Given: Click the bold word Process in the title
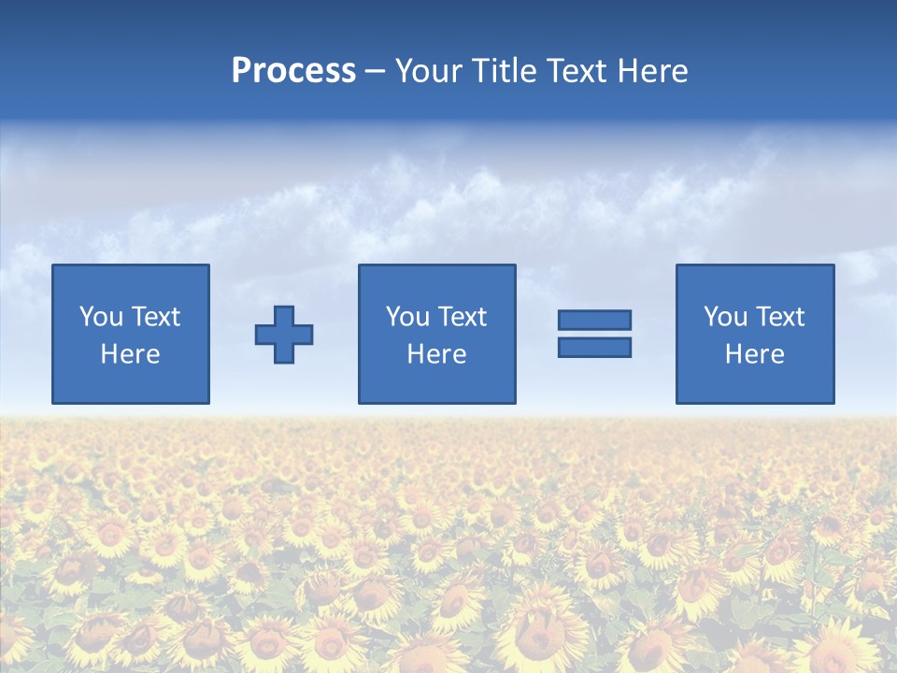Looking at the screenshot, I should tap(293, 71).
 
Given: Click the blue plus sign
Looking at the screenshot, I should tap(284, 335).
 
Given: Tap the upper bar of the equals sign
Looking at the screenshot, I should tap(594, 321).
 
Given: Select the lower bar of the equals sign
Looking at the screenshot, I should tap(594, 347).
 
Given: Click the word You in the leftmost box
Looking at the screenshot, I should tap(100, 317).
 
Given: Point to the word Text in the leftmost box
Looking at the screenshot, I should tap(154, 317).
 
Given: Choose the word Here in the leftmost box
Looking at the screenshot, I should tap(130, 354).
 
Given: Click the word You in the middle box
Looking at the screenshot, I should tap(407, 317).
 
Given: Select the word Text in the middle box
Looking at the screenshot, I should tap(461, 317).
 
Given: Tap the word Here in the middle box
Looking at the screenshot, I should tap(436, 354).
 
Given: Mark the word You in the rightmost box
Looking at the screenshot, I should tap(725, 317).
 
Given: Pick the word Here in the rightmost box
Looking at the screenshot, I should tap(754, 354).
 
